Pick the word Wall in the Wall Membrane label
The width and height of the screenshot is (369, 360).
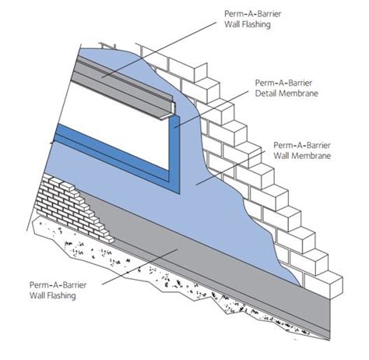[x=283, y=156]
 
